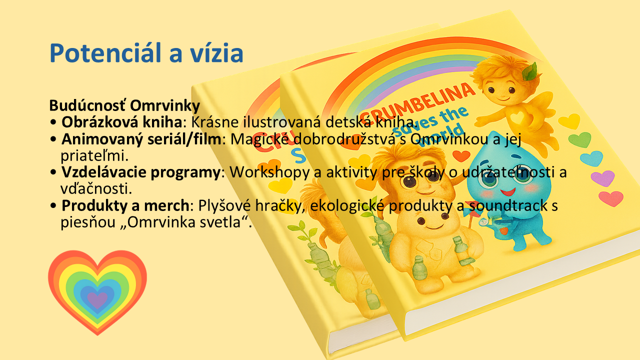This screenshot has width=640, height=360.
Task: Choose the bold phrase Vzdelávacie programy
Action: tap(140, 172)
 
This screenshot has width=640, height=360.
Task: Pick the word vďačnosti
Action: tap(96, 188)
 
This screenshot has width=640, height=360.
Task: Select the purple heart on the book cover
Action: tap(602, 178)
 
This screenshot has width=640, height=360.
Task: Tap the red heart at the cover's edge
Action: tap(611, 198)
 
